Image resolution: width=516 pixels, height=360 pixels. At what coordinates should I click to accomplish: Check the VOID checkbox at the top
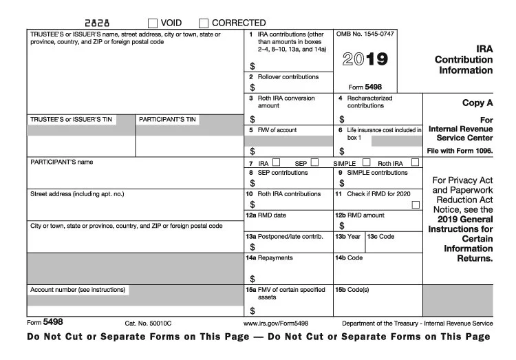[153, 23]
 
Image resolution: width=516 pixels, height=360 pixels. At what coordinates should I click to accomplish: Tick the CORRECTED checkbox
[204, 23]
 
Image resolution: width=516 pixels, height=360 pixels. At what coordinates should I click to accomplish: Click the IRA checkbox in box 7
[276, 163]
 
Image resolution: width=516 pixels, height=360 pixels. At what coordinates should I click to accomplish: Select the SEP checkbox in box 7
[314, 163]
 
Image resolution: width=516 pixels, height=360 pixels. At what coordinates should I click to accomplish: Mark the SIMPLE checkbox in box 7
[366, 163]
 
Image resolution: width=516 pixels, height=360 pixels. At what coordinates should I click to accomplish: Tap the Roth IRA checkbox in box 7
[415, 163]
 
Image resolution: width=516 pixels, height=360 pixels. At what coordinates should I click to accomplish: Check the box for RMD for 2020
[415, 204]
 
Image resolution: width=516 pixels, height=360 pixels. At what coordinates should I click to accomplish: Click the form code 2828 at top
[96, 23]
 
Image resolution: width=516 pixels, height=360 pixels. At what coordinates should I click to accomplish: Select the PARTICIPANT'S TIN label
[167, 120]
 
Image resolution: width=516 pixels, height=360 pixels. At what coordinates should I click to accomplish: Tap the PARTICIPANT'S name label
[62, 162]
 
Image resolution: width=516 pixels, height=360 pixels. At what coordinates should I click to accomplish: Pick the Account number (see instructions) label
[78, 290]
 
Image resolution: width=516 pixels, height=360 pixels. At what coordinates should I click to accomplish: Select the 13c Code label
[381, 237]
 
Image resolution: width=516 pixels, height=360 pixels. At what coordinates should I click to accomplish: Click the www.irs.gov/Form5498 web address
[275, 323]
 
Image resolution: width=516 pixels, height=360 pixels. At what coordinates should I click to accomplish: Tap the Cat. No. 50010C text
[148, 323]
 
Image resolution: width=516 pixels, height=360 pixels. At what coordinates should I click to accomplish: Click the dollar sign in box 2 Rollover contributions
[252, 87]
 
